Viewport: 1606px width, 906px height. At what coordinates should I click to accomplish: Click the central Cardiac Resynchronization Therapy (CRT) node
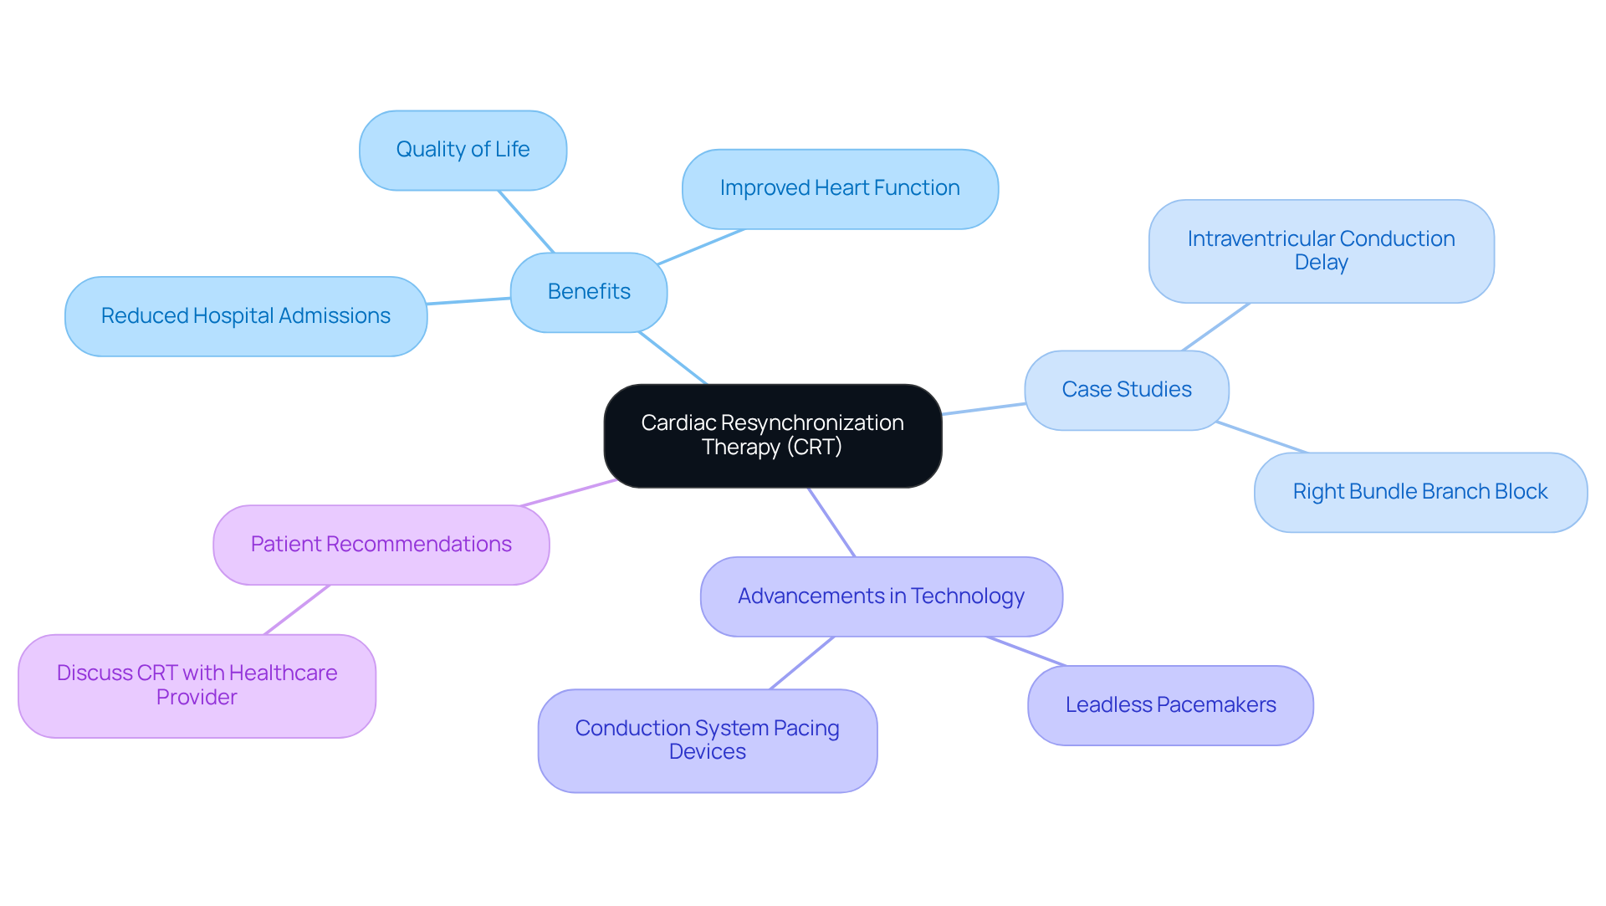[772, 435]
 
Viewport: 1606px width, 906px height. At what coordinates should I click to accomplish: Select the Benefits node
[589, 292]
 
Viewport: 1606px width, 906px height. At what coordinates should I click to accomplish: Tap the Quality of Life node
[463, 150]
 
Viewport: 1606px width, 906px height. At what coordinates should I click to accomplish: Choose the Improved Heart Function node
[840, 188]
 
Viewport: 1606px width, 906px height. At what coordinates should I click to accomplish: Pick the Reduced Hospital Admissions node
[246, 316]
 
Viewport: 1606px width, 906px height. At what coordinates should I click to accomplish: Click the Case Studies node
[1126, 390]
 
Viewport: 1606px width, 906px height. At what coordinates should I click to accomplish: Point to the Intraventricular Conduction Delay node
[1321, 251]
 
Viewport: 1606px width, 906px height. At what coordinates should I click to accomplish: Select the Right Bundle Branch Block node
[1419, 492]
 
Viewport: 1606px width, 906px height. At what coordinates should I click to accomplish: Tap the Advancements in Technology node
[881, 596]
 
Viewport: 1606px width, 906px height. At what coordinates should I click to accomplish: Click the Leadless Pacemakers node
[1170, 705]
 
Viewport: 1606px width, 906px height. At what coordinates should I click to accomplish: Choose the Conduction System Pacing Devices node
[707, 740]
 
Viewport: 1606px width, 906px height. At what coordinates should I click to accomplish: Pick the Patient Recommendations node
[381, 545]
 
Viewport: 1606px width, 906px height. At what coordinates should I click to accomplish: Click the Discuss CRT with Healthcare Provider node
[197, 685]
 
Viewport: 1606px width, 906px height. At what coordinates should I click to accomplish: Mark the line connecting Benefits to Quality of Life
[526, 222]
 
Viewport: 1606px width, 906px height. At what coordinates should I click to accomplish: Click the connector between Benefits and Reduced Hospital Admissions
[468, 301]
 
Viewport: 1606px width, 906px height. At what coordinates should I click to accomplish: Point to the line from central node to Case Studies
[984, 409]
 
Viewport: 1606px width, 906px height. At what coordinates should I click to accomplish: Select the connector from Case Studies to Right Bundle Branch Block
[1261, 438]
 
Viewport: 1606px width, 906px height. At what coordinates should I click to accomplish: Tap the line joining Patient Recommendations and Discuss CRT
[297, 610]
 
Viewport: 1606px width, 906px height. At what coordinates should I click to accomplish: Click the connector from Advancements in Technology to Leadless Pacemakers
[1026, 652]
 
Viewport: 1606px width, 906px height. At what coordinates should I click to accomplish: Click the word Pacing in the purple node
[806, 729]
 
